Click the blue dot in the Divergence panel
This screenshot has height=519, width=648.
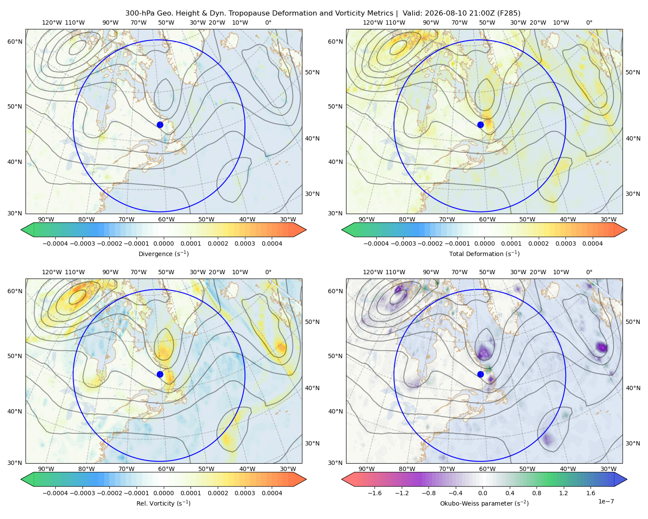[160, 125]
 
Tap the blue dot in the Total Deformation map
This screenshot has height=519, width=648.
[480, 125]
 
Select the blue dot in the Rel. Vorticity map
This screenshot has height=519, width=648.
[160, 374]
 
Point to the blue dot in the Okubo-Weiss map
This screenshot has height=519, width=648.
[480, 374]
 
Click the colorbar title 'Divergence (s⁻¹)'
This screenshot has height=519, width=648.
[163, 253]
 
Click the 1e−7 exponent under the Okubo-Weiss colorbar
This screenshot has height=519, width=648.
[606, 501]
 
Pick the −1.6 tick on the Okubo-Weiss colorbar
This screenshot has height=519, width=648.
[375, 493]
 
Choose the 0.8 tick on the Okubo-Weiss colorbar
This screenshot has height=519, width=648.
[537, 493]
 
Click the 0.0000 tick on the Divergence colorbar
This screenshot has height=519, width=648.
[163, 243]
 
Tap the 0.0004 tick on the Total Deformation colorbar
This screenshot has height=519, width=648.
[592, 243]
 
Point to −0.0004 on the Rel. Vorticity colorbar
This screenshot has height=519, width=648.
[55, 493]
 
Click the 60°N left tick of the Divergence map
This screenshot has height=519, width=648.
[15, 42]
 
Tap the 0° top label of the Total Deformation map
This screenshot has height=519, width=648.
[589, 22]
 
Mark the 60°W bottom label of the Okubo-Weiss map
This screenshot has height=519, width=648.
[487, 469]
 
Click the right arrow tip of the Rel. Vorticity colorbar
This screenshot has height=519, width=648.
[306, 479]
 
